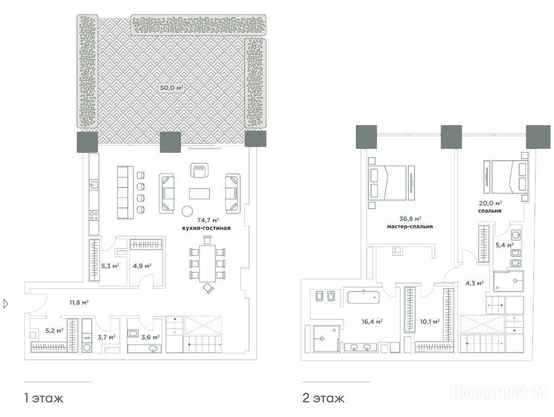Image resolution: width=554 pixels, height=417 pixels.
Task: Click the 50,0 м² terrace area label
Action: coord(172,87)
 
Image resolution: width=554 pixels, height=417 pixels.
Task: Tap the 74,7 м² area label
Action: coord(208,220)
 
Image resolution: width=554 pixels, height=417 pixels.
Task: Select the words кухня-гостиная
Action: coord(206,228)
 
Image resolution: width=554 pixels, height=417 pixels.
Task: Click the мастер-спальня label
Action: coord(410,226)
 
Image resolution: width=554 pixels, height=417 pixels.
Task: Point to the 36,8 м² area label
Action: coord(410,219)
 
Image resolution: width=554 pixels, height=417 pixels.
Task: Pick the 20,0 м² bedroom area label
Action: coord(490,204)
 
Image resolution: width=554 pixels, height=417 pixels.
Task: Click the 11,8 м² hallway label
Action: coord(79,302)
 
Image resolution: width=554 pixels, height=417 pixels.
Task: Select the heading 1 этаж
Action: coord(44,399)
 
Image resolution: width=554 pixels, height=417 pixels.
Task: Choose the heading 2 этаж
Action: coord(323,399)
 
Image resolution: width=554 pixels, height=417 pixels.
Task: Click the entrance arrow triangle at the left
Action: coord(5,304)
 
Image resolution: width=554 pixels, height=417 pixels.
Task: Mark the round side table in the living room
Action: coord(187,211)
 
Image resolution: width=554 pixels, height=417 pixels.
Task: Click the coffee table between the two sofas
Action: coord(199,193)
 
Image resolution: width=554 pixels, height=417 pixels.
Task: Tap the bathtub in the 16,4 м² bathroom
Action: coord(363,297)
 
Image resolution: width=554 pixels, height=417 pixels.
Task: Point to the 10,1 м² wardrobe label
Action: coord(430,321)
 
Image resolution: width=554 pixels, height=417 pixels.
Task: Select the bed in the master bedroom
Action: coord(392,183)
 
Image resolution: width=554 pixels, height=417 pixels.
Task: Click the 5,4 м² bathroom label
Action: coord(505,245)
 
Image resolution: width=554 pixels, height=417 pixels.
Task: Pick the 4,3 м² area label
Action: coord(474,283)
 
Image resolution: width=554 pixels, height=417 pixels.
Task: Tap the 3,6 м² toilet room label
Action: coord(150,337)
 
